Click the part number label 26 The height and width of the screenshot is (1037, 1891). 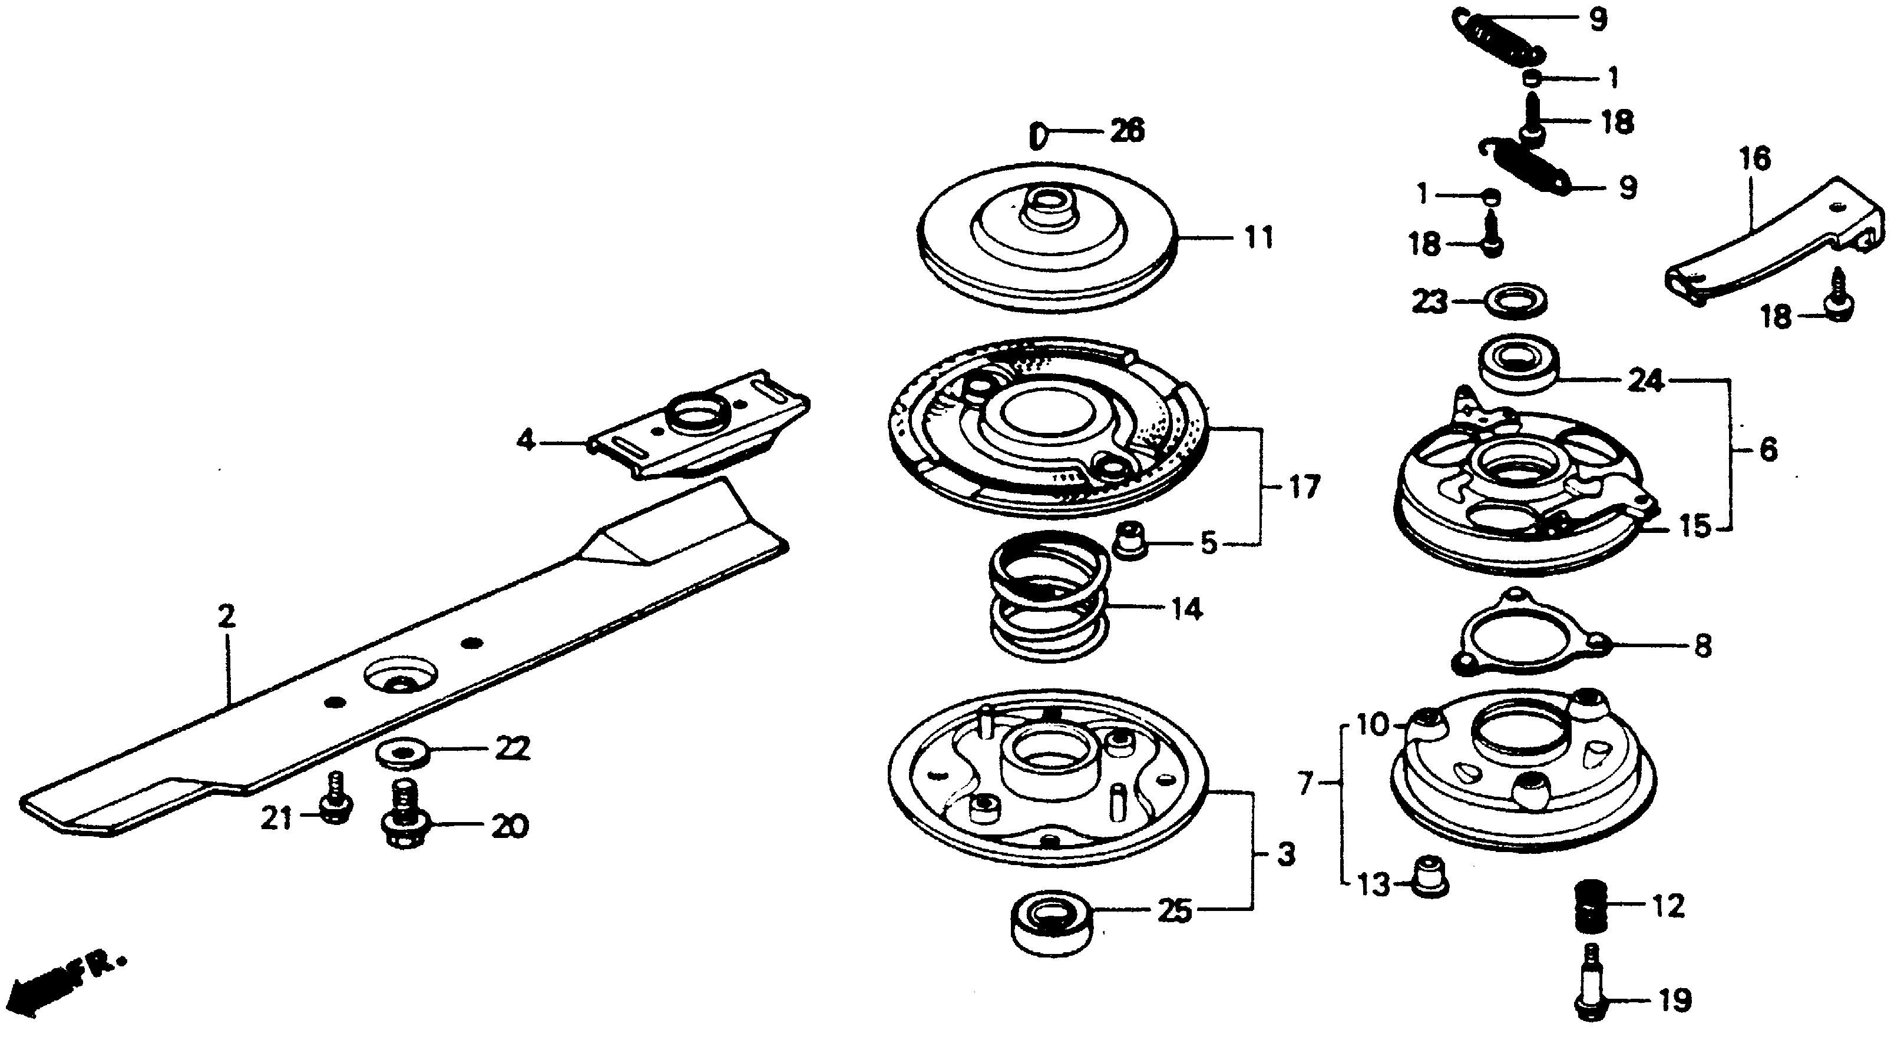tap(1126, 131)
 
